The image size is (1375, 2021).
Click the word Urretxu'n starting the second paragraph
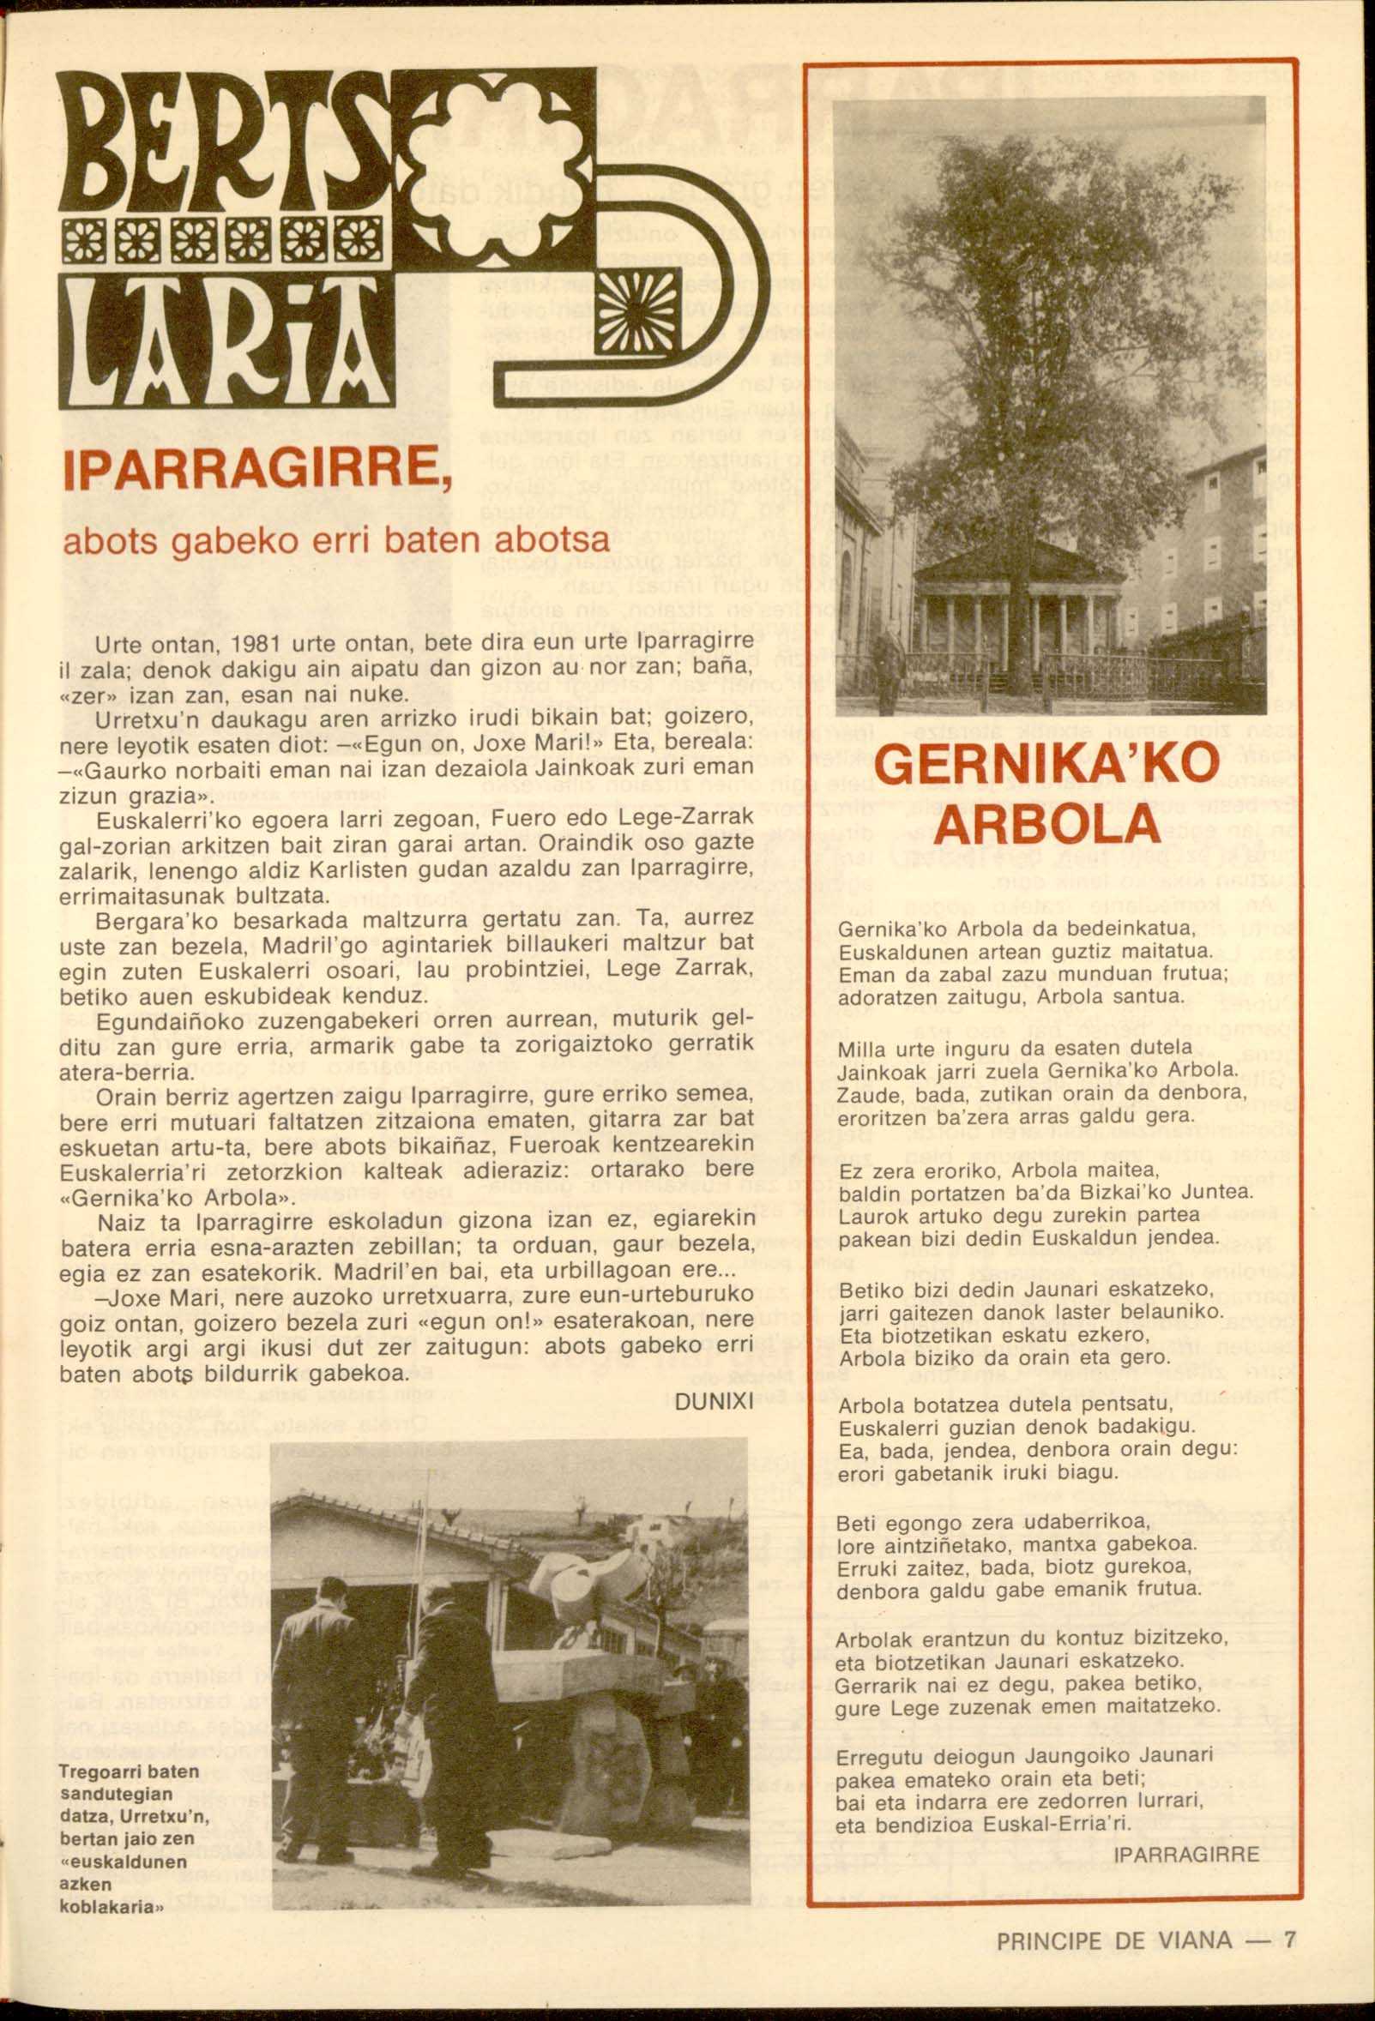136,721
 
